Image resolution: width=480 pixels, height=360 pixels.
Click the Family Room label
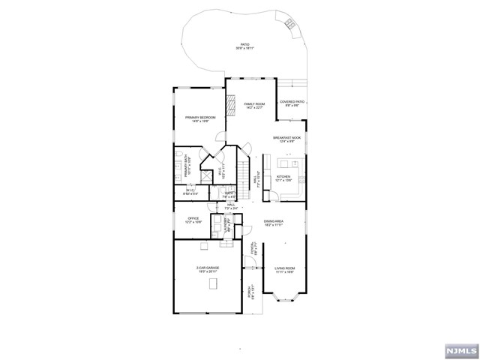click(254, 106)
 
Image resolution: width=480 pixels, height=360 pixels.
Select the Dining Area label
click(274, 223)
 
